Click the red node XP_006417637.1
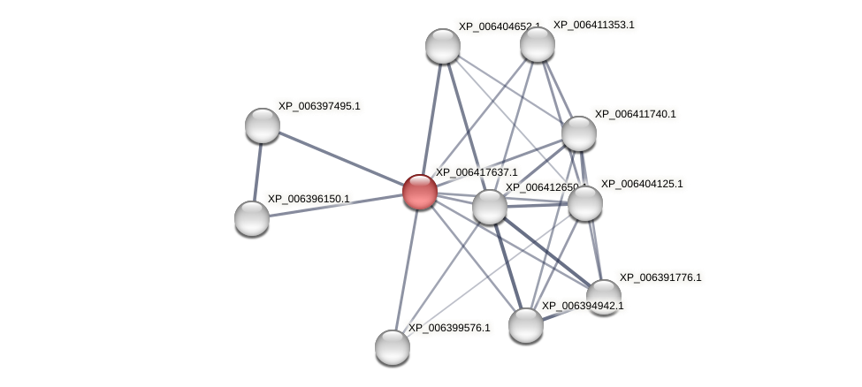click(420, 192)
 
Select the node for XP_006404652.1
click(443, 46)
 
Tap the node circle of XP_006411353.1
click(537, 44)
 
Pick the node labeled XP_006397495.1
click(263, 125)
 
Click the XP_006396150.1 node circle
click(252, 218)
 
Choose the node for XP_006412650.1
click(490, 207)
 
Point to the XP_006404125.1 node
click(584, 203)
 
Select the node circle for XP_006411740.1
click(579, 133)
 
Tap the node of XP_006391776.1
click(604, 297)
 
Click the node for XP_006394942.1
click(526, 325)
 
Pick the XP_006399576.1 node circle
click(393, 347)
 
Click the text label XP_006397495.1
click(319, 106)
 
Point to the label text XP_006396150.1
click(309, 199)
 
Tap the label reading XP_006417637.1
click(477, 172)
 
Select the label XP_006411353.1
click(593, 25)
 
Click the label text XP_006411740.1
click(635, 114)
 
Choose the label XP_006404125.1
click(642, 184)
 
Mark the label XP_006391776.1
click(660, 277)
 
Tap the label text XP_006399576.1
click(449, 328)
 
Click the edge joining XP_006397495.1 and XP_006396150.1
click(257, 172)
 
